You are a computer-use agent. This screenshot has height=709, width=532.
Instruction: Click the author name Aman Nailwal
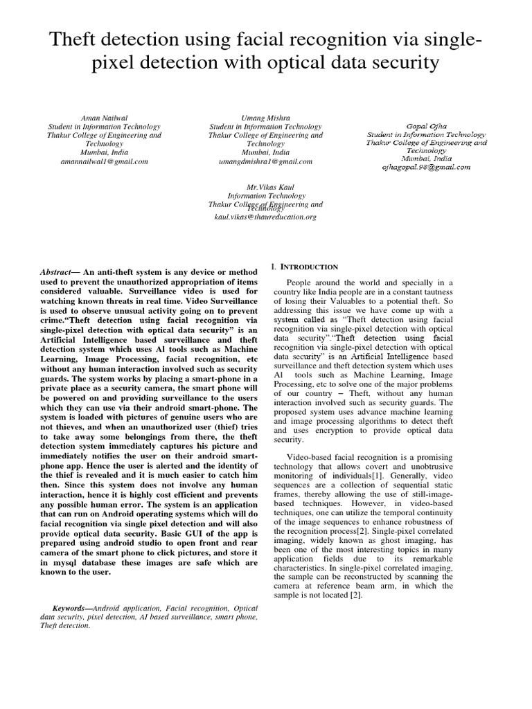tap(104, 117)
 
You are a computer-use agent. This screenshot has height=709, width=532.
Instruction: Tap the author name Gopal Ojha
tap(426, 125)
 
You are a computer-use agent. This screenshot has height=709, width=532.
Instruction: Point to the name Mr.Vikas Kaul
tap(265, 187)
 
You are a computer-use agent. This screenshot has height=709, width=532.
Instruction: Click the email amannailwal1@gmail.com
tap(104, 161)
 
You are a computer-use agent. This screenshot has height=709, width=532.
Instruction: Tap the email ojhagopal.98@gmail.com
tap(426, 167)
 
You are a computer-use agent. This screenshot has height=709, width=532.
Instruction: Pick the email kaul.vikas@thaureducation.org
tap(265, 217)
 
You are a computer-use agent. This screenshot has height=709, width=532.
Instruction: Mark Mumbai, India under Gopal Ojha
tap(426, 159)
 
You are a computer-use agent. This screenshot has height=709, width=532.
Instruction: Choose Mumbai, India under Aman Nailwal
tap(104, 152)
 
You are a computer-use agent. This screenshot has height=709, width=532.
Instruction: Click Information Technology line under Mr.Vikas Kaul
tap(265, 196)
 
